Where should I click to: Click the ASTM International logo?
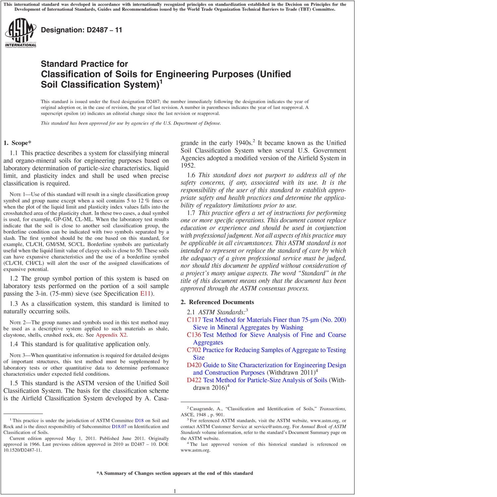pyautogui.click(x=21, y=33)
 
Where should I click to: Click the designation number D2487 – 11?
pyautogui.click(x=82, y=30)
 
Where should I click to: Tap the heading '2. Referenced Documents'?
pyautogui.click(x=217, y=302)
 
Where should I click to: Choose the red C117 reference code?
pyautogui.click(x=194, y=320)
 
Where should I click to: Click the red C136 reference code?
pyautogui.click(x=194, y=335)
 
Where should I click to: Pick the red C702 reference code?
pyautogui.click(x=194, y=350)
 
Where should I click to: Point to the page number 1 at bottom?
pyautogui.click(x=175, y=491)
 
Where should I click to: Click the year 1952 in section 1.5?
pyautogui.click(x=188, y=166)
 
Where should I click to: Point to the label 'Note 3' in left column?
pyautogui.click(x=17, y=356)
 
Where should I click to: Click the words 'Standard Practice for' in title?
pyautogui.click(x=84, y=64)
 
